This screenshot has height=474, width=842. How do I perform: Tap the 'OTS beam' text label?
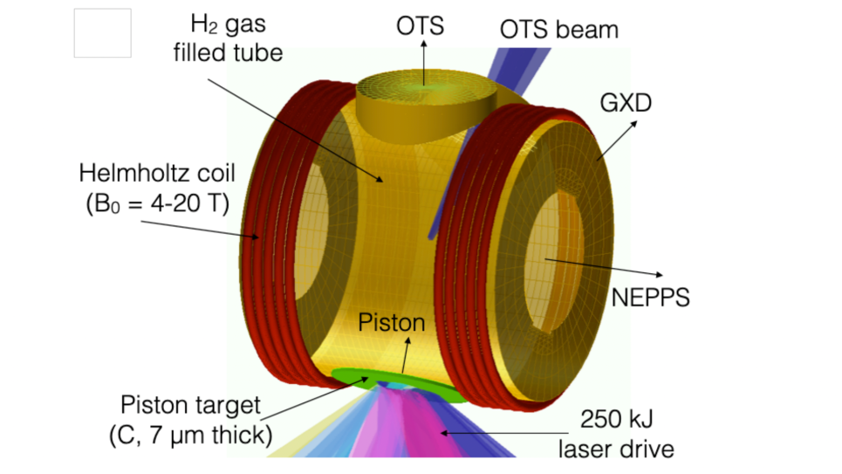point(558,29)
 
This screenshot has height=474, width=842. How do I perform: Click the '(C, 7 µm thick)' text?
point(191,433)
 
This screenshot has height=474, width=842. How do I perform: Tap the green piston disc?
point(349,377)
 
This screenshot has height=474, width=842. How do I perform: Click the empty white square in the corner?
point(102,33)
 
